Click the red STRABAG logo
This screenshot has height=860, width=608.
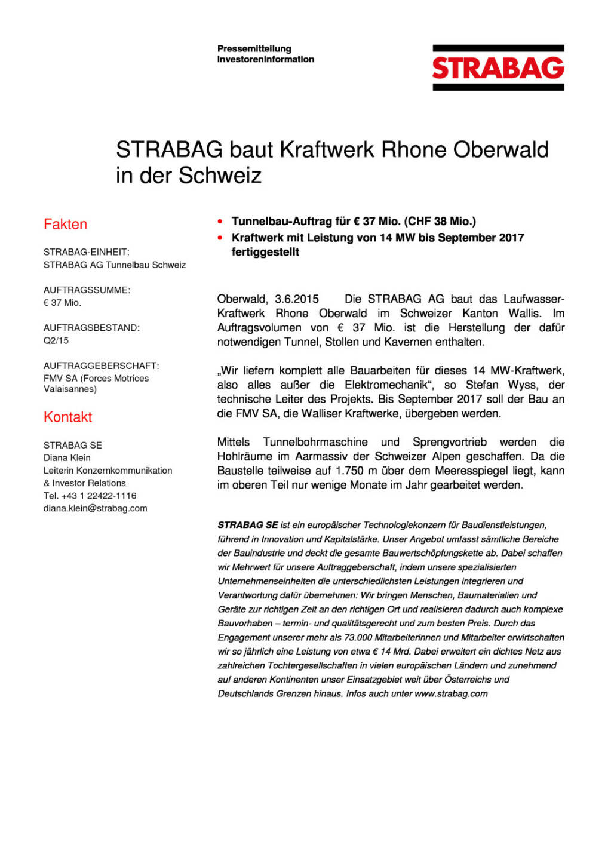[x=498, y=68]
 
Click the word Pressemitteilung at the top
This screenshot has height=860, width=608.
[x=254, y=48]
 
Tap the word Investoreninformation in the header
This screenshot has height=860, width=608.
[x=265, y=59]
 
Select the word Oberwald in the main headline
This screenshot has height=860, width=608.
[x=500, y=149]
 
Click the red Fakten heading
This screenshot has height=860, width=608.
[x=65, y=224]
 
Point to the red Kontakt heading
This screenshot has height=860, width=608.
[x=67, y=417]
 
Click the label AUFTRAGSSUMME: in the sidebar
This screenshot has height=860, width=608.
[x=87, y=290]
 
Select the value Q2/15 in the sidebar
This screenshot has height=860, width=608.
[x=56, y=340]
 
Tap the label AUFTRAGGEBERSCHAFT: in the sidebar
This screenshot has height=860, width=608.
[x=101, y=365]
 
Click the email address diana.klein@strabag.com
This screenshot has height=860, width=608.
[x=95, y=508]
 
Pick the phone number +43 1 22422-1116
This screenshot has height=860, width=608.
[x=99, y=496]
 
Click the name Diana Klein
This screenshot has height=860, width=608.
[x=67, y=457]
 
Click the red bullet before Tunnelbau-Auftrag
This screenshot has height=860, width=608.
[x=220, y=222]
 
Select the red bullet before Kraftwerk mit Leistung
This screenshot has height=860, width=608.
[x=220, y=238]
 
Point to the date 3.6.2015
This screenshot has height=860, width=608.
[x=297, y=299]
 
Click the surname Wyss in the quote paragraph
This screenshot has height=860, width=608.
[x=523, y=385]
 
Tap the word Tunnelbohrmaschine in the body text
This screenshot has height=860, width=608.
[x=315, y=442]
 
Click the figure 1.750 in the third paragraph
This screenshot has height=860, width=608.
[x=349, y=471]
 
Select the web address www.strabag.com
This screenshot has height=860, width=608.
[x=451, y=693]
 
